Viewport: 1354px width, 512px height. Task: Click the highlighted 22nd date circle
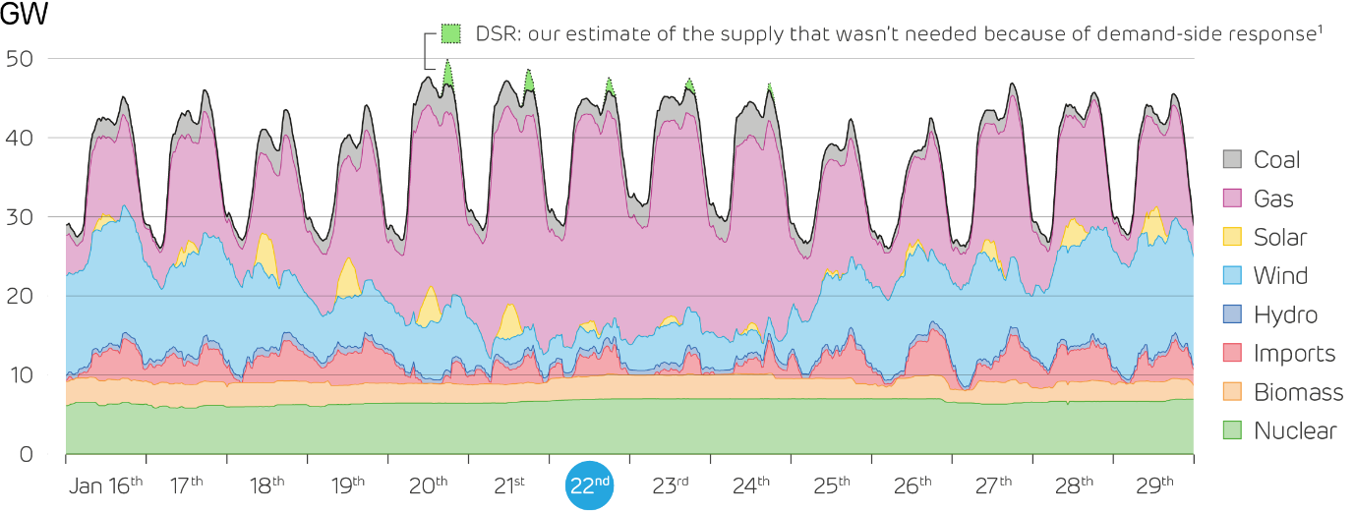click(x=590, y=485)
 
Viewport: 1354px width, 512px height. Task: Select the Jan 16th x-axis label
click(x=106, y=484)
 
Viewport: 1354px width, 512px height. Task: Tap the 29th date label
click(x=1154, y=484)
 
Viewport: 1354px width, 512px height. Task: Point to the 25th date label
click(x=832, y=484)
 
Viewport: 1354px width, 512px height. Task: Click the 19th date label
click(x=348, y=484)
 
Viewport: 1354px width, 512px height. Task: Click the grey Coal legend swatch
click(x=1232, y=160)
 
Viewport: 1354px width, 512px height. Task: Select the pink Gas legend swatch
click(x=1232, y=199)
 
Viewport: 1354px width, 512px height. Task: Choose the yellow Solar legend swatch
click(x=1232, y=237)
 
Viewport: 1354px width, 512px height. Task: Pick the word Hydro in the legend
click(x=1285, y=315)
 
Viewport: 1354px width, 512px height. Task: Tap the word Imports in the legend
click(x=1294, y=354)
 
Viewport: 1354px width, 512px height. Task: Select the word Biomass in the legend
click(x=1298, y=393)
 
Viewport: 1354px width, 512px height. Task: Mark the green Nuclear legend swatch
click(x=1232, y=430)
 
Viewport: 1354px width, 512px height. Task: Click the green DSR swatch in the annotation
click(x=450, y=33)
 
